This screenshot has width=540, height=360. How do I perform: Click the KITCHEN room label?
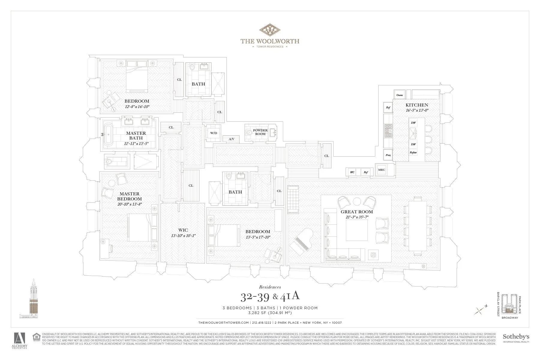coord(417,105)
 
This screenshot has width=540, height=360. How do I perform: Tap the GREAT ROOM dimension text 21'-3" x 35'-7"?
coord(357,217)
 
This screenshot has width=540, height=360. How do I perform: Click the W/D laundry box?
coord(213,133)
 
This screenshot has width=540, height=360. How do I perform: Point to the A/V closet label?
coord(231,139)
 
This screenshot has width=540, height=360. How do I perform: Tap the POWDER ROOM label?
coord(260,132)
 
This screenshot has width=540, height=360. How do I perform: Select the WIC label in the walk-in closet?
coord(183,230)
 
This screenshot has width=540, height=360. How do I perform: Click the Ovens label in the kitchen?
coord(399,95)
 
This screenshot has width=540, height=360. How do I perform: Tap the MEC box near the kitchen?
coord(381,170)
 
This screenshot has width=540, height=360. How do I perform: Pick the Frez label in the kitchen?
coord(388,155)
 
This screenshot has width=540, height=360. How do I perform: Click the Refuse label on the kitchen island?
coord(413,152)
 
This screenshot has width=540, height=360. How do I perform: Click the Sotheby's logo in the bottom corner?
coord(516,338)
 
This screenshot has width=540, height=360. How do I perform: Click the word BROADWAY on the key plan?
coord(509,326)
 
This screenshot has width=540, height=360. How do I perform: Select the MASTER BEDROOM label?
coord(129,196)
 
